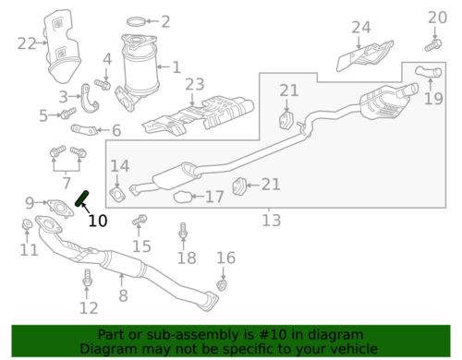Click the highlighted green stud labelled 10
pyautogui.click(x=82, y=198)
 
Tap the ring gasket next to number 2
pyautogui.click(x=136, y=21)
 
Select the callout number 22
pyautogui.click(x=27, y=43)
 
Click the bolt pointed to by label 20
pyautogui.click(x=433, y=45)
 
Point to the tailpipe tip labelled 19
pyautogui.click(x=429, y=72)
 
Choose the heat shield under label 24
pyautogui.click(x=365, y=55)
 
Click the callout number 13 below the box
pyautogui.click(x=272, y=221)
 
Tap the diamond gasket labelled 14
pyautogui.click(x=117, y=195)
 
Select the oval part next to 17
pyautogui.click(x=182, y=197)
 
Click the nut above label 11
pyautogui.click(x=27, y=224)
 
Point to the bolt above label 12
pyautogui.click(x=87, y=278)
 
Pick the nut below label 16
pyautogui.click(x=223, y=285)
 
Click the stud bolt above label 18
pyautogui.click(x=183, y=231)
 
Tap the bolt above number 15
pyautogui.click(x=140, y=220)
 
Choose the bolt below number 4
pyautogui.click(x=103, y=84)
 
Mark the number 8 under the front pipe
pyautogui.click(x=123, y=295)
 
